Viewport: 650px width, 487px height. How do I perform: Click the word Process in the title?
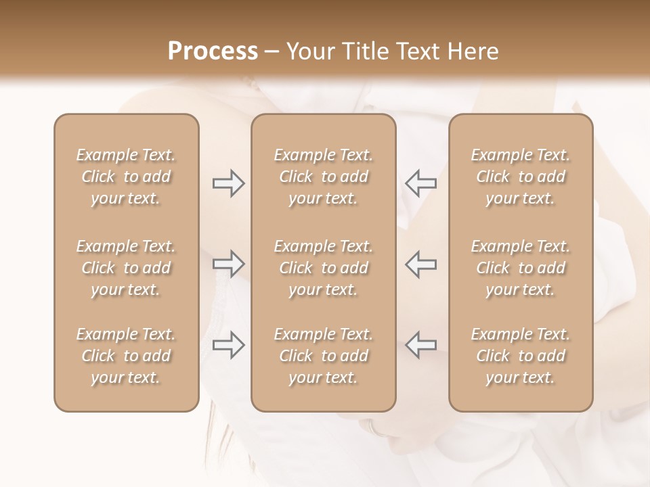[213, 51]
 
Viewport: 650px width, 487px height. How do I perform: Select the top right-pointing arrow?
[228, 183]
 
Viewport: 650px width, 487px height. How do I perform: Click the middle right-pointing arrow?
[228, 264]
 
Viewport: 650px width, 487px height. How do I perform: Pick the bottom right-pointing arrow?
[228, 345]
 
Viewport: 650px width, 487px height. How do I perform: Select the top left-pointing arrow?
[421, 183]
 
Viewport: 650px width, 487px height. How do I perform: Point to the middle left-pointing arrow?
[421, 264]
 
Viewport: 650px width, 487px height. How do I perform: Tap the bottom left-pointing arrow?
[421, 345]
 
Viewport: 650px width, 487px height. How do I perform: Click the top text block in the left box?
[126, 177]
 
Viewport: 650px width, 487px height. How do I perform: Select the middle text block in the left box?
[126, 268]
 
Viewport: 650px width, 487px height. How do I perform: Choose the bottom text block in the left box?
[126, 356]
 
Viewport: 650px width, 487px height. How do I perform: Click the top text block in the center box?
[323, 177]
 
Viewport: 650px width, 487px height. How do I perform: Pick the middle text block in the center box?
[323, 268]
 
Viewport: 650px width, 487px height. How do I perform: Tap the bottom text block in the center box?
[323, 356]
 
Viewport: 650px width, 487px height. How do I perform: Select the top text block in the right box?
[520, 177]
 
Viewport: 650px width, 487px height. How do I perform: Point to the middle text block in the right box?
[520, 268]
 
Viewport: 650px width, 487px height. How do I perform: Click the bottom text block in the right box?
[520, 356]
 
